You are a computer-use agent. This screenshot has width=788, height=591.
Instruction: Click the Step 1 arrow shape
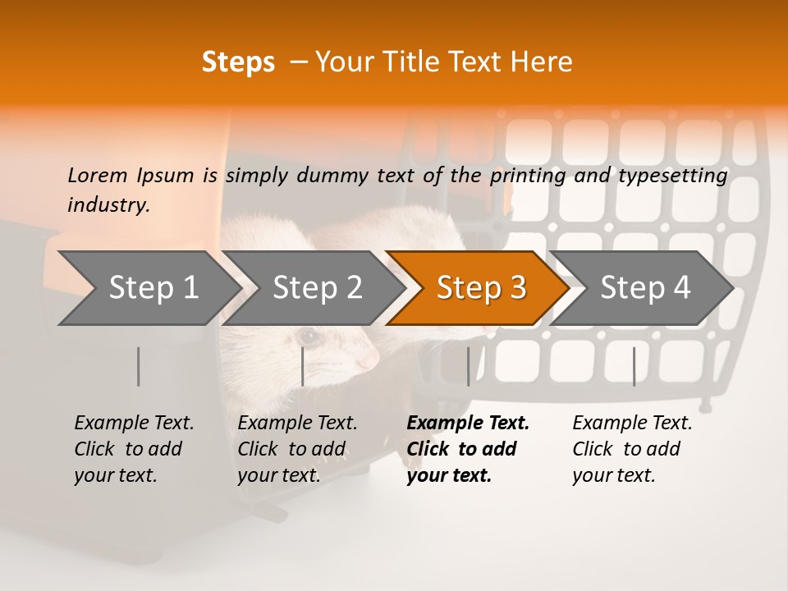(x=148, y=288)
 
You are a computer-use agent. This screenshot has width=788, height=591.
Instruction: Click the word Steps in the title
(x=238, y=62)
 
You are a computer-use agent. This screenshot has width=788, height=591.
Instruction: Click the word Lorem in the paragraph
(x=97, y=176)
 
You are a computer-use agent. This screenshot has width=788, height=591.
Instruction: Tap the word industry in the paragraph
(x=108, y=205)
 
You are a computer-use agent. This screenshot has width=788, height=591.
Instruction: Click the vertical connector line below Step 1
(x=139, y=366)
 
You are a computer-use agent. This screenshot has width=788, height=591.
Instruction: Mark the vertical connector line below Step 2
(x=303, y=366)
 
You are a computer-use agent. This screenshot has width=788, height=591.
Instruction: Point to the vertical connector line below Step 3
(x=469, y=366)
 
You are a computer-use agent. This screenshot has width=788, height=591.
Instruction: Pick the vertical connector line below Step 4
(x=634, y=366)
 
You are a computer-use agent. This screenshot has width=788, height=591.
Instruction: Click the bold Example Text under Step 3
(x=468, y=424)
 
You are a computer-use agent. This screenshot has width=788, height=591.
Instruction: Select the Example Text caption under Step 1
(x=134, y=424)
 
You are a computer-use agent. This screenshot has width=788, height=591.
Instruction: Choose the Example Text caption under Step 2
(x=297, y=424)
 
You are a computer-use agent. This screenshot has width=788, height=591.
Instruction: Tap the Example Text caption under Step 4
(x=632, y=424)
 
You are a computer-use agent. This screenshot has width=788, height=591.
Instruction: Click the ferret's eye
(x=308, y=337)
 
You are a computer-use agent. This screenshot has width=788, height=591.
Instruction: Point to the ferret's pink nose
(x=370, y=360)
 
